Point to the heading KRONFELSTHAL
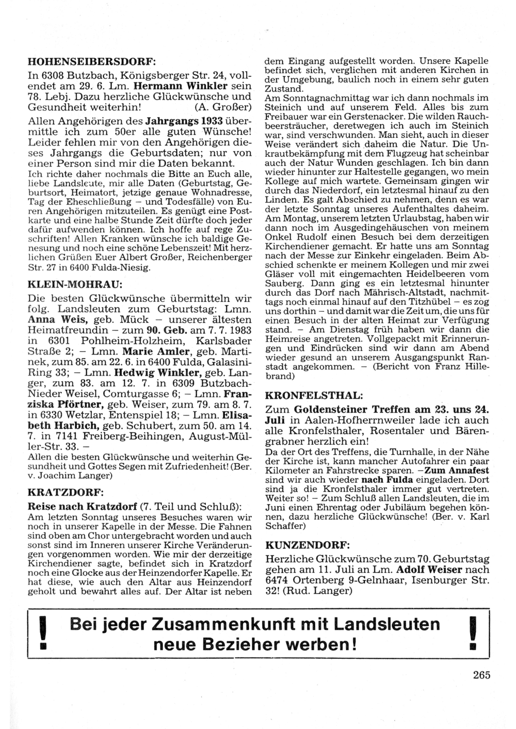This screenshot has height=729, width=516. (313, 396)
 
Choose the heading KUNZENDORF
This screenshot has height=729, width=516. (307, 545)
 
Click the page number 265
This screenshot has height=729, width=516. (480, 675)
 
